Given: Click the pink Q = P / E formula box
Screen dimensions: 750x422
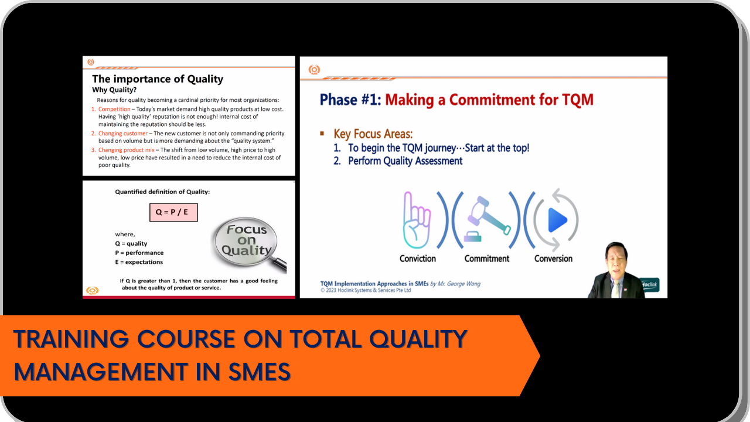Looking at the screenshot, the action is pyautogui.click(x=173, y=212).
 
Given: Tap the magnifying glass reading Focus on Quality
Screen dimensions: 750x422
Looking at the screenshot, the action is pyautogui.click(x=247, y=242).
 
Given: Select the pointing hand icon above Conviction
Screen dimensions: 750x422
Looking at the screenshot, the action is pyautogui.click(x=417, y=220).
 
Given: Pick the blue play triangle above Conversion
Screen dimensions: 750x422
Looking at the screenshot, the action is pyautogui.click(x=557, y=220).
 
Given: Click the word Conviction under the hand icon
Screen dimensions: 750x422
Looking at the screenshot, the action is pyautogui.click(x=418, y=258).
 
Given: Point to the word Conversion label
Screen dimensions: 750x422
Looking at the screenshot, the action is pyautogui.click(x=553, y=258).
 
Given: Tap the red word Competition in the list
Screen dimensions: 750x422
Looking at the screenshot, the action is pyautogui.click(x=114, y=109).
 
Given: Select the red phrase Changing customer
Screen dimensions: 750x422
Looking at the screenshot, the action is pyautogui.click(x=123, y=134).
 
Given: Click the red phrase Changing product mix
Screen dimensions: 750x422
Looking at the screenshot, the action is pyautogui.click(x=126, y=150).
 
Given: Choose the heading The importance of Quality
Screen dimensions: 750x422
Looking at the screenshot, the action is pyautogui.click(x=158, y=79).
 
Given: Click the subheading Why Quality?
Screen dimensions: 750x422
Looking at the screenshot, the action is pyautogui.click(x=114, y=90).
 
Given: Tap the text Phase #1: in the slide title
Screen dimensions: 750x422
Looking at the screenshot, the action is pyautogui.click(x=350, y=100).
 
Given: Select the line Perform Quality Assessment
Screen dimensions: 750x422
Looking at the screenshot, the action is pyautogui.click(x=405, y=161).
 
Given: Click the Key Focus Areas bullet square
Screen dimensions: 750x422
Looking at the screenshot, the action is pyautogui.click(x=322, y=134).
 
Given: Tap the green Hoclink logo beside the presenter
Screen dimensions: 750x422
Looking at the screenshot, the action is pyautogui.click(x=650, y=285).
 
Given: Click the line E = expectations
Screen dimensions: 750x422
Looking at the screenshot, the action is pyautogui.click(x=139, y=262).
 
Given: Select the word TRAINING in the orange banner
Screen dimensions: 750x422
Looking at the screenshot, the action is pyautogui.click(x=71, y=339).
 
